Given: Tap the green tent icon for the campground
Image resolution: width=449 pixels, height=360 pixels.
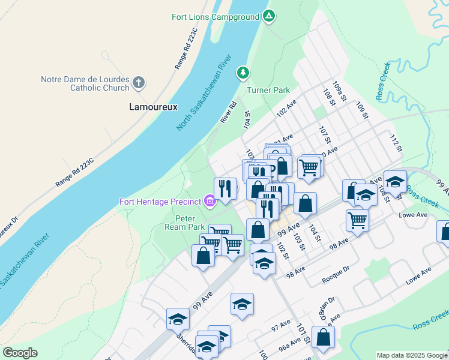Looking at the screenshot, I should coord(269,16).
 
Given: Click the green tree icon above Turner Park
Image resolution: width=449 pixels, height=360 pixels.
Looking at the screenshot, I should coord(243,73).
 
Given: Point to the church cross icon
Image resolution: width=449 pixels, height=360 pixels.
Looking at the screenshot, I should coord(139,82).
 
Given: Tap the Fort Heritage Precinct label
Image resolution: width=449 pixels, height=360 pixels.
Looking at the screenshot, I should coord(160,201).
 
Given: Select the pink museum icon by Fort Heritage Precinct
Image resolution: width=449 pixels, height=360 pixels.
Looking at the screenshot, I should coord(209,201).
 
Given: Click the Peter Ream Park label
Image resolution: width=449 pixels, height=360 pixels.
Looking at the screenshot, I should coord(185,223).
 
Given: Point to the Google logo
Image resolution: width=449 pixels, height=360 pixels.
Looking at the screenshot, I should coord(20,353).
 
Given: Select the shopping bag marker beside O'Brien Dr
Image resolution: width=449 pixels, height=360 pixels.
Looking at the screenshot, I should coord(323,338).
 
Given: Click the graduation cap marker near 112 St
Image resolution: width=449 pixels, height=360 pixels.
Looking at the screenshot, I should coord(395,181).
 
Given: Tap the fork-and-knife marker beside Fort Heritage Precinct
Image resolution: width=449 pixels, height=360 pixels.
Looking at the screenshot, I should coord(225,189).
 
